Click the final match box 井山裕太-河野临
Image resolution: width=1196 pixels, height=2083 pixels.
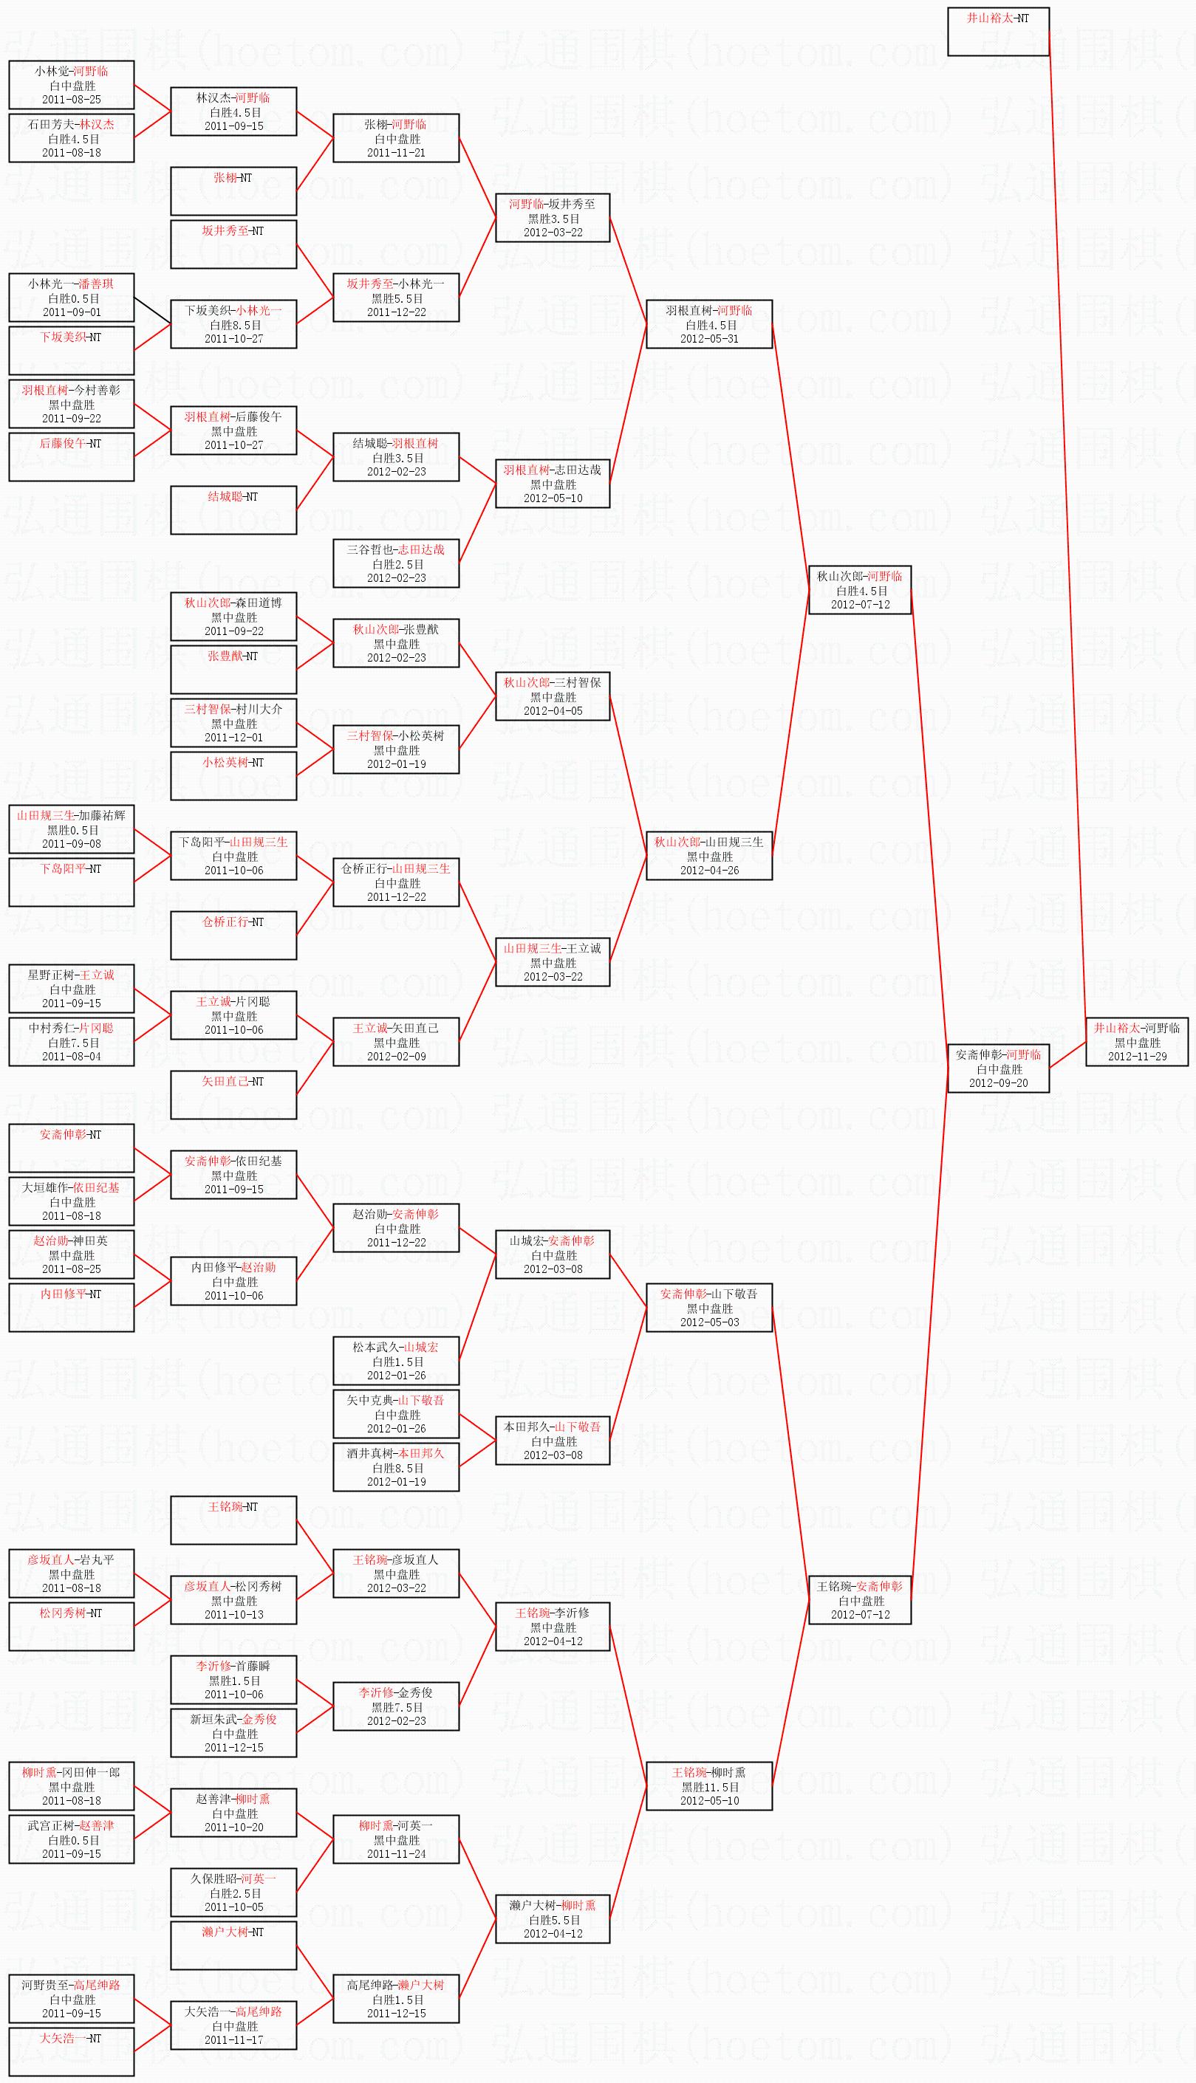[1137, 1042]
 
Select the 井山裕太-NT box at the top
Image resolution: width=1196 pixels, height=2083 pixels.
[998, 32]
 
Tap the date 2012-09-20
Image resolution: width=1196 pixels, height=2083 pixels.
[998, 1083]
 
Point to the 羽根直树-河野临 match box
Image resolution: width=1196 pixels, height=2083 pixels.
[709, 324]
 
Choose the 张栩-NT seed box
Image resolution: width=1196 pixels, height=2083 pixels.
[233, 191]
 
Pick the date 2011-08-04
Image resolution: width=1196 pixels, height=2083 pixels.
[72, 1056]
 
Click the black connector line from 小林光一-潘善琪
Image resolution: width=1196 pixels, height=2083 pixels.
[153, 311]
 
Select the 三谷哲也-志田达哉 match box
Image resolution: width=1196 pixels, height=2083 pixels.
[396, 563]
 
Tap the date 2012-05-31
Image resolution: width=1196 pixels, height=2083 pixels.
[709, 338]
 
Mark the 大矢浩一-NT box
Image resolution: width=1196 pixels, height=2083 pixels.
[72, 2052]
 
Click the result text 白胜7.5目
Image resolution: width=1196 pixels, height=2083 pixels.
[72, 1043]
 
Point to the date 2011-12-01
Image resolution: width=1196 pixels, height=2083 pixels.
[233, 738]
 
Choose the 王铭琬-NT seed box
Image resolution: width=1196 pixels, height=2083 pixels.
[233, 1520]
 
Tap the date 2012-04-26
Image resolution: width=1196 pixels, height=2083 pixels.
[709, 871]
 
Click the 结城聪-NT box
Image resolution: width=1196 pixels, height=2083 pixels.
[233, 510]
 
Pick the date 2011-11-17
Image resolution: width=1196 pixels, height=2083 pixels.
[233, 2039]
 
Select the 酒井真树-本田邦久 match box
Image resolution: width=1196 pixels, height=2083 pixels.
[396, 1467]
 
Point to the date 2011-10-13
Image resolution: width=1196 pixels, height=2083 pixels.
[233, 1614]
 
